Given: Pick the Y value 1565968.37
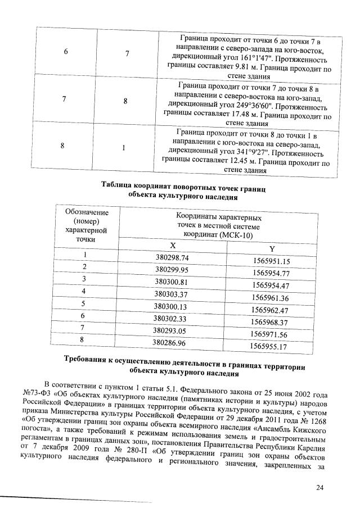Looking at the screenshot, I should pos(271,322).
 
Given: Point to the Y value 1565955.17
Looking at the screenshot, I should pos(269,346).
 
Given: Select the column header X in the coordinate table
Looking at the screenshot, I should pos(173,246).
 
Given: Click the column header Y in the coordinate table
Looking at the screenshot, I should pos(273,249).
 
